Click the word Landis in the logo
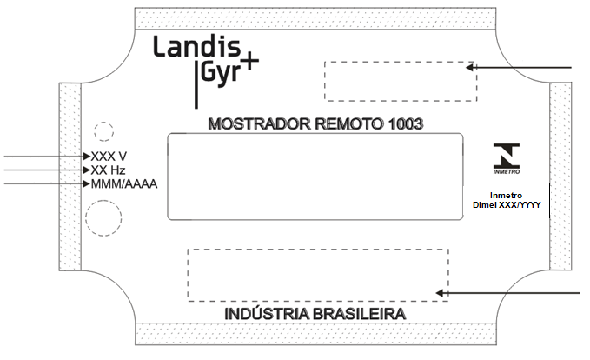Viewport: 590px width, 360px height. tap(196, 46)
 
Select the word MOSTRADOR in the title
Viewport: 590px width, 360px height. tap(259, 123)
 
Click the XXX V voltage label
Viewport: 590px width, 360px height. tap(109, 157)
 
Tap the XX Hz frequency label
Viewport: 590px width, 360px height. tap(108, 170)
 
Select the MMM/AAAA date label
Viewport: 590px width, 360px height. tap(124, 184)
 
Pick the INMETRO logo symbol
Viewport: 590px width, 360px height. tap(507, 158)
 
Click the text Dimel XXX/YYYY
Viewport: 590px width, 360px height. tap(507, 205)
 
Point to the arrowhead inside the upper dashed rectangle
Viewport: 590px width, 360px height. tap(469, 68)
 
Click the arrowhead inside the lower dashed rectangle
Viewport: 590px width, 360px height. tap(440, 293)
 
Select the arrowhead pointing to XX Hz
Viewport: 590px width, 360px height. tap(87, 170)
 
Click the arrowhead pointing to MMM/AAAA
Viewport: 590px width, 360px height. tap(87, 183)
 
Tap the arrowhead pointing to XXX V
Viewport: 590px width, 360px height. tap(87, 156)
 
